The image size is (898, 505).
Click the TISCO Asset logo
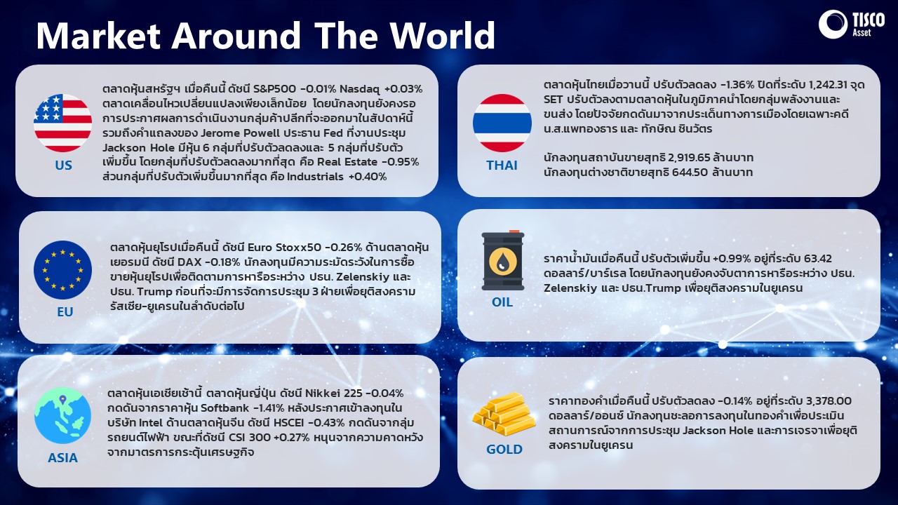coord(851,24)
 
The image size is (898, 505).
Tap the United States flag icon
coord(62,123)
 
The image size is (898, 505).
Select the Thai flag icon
coord(502,123)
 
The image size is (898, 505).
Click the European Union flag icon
coord(62,270)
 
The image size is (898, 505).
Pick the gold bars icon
coord(504,415)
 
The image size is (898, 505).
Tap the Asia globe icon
coord(62,415)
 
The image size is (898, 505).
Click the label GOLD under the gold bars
coord(504,450)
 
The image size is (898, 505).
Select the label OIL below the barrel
coord(502,302)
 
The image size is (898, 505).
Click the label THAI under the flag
coord(502,165)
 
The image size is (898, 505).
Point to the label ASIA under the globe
coord(62,458)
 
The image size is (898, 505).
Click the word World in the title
coord(443,35)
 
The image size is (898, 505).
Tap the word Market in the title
coord(98,35)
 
